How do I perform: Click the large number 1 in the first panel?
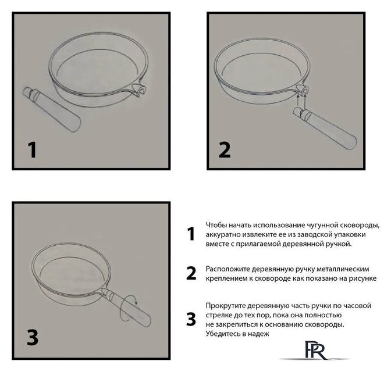pos(33,149)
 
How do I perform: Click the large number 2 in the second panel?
pos(225,149)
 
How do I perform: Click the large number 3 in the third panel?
pos(33,337)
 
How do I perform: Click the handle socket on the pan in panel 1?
pos(139,90)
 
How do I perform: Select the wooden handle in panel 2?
pos(325,128)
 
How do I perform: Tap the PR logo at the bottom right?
pos(315,350)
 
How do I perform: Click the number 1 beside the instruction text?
pos(191,234)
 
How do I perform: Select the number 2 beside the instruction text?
pos(191,273)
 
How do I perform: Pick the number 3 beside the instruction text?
pos(191,319)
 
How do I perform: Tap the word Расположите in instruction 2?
pos(228,269)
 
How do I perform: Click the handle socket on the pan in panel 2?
pos(303,90)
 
